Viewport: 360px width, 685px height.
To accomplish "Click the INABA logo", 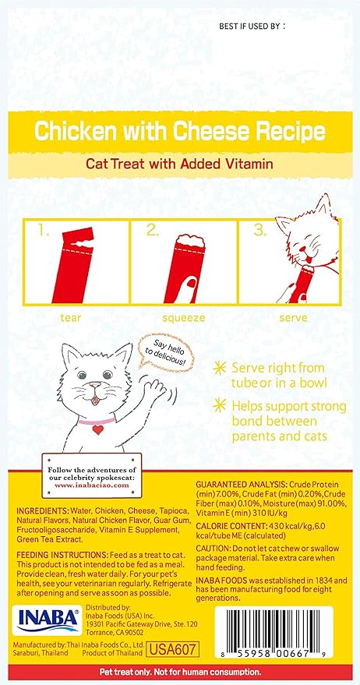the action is (x=48, y=620).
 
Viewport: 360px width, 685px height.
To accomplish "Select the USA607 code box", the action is (x=173, y=648).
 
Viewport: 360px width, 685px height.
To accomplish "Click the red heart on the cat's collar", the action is (x=98, y=429).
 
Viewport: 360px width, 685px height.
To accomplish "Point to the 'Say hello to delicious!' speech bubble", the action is (x=165, y=353).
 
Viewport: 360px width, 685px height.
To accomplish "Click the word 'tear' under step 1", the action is (x=71, y=318).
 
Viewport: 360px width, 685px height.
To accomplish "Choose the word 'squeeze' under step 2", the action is (x=183, y=319).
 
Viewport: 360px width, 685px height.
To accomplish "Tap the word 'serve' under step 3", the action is (x=294, y=318).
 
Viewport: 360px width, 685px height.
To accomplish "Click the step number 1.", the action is (x=44, y=231).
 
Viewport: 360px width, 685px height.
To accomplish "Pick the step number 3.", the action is (x=260, y=231).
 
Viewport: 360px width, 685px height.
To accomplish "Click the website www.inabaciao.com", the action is (x=92, y=486).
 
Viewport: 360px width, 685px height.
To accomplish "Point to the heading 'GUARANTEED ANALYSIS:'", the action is (x=241, y=486).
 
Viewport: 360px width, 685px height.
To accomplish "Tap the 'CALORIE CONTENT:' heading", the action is (x=231, y=527).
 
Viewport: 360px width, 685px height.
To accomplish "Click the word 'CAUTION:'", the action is (x=212, y=549).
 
